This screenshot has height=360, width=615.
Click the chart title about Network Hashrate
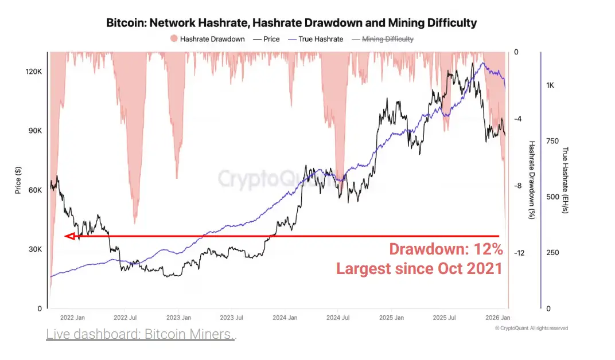[291, 23]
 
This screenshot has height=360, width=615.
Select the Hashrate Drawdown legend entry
[207, 39]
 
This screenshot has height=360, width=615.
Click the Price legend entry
[267, 39]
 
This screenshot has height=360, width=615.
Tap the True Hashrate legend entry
[317, 39]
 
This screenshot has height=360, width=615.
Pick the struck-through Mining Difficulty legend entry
[382, 39]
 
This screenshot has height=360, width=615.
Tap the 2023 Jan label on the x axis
[178, 317]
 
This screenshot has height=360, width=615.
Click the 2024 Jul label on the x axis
[337, 317]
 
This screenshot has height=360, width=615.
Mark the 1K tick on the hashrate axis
[550, 85]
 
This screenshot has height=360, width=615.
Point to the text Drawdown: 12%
[446, 249]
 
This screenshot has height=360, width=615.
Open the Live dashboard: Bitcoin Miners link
[140, 334]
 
